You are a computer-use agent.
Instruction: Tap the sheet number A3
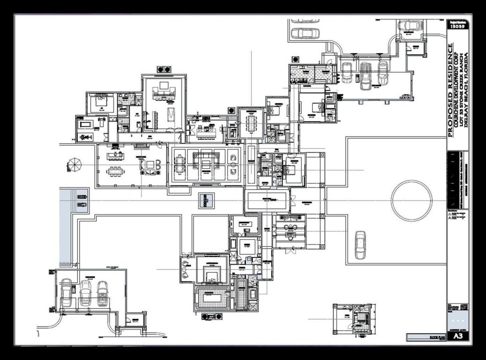tap(457, 337)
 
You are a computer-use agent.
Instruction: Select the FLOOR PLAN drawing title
tap(434, 337)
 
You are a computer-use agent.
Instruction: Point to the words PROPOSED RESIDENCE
tap(451, 90)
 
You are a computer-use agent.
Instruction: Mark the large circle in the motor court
tap(411, 200)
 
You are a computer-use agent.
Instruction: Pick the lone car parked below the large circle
tap(360, 245)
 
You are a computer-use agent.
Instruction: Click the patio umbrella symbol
tap(75, 165)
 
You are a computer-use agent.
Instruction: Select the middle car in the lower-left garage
tap(85, 293)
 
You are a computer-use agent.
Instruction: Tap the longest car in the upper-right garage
tap(365, 75)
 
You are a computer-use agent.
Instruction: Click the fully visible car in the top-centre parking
tap(305, 33)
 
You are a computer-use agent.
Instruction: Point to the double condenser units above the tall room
tap(164, 69)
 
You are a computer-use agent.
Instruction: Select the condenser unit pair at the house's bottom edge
tap(212, 316)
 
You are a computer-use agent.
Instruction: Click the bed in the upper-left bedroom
tap(102, 102)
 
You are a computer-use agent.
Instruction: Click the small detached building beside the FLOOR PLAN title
tap(353, 319)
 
